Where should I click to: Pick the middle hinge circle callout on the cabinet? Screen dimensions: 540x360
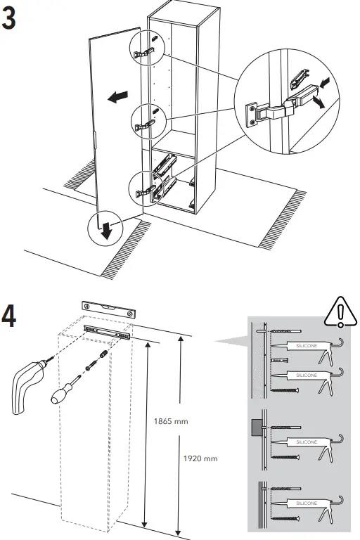(144, 117)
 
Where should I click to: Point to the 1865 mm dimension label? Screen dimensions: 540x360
(172, 421)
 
